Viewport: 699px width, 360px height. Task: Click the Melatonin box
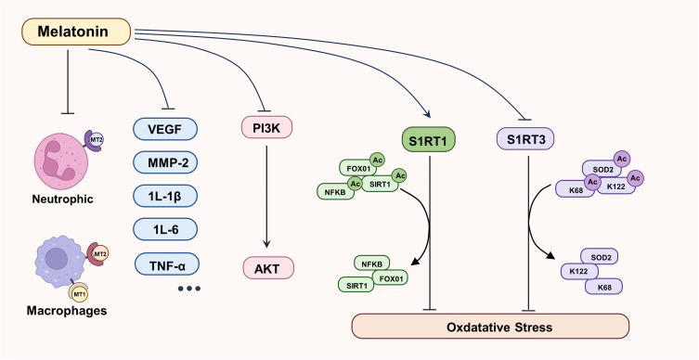click(x=76, y=32)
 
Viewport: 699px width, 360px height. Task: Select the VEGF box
click(x=165, y=129)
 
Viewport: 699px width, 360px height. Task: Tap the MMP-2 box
click(x=165, y=162)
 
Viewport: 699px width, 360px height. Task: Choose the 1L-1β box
click(x=165, y=196)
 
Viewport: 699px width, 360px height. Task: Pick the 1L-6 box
click(x=165, y=229)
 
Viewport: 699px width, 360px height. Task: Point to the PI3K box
click(x=266, y=127)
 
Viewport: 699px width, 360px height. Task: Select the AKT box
click(x=268, y=268)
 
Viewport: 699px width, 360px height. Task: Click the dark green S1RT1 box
click(x=429, y=139)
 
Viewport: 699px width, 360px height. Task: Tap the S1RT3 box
click(x=525, y=138)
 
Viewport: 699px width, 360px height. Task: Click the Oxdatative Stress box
click(x=490, y=327)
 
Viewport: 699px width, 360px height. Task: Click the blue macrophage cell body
click(x=59, y=259)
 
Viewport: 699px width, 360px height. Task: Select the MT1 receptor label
click(x=79, y=293)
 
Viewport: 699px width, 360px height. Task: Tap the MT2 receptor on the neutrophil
click(x=95, y=140)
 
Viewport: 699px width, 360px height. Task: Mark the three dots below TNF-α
click(x=189, y=289)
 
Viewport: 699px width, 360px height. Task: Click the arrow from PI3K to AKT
click(x=266, y=196)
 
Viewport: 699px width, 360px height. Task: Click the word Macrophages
click(x=67, y=311)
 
